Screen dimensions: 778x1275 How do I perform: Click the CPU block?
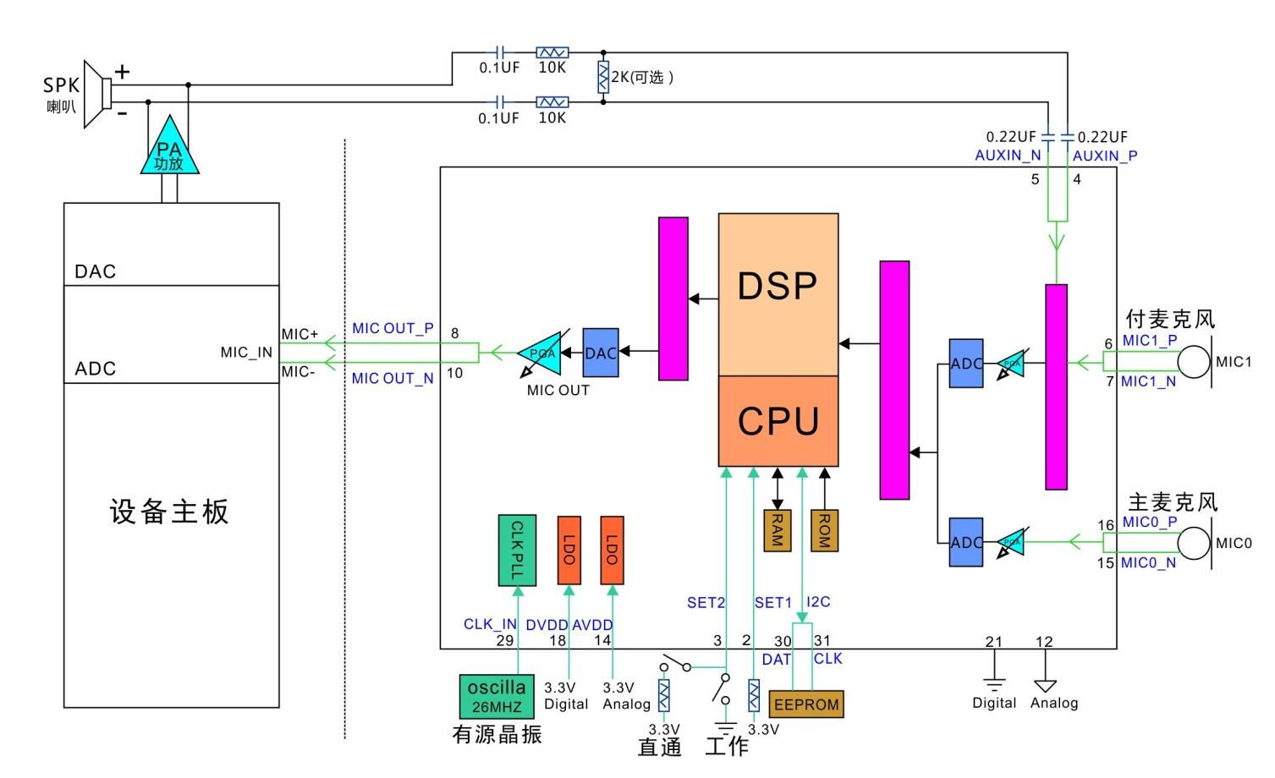click(x=778, y=421)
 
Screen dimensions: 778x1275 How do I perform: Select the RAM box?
click(x=777, y=530)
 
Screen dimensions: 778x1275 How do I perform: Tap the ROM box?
click(x=824, y=530)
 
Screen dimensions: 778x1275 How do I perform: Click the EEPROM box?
click(x=806, y=704)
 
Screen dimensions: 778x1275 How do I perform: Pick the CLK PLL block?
click(x=516, y=551)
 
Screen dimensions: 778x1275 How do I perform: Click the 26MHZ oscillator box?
click(x=497, y=696)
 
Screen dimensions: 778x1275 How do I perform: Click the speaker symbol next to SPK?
click(x=98, y=94)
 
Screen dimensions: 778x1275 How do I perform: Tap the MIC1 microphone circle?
click(x=1194, y=362)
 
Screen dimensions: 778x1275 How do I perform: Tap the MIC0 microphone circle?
click(x=1194, y=543)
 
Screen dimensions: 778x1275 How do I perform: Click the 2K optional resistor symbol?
click(x=603, y=77)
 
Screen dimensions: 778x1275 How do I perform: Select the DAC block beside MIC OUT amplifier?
click(x=600, y=353)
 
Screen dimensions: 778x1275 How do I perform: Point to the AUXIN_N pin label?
click(x=1008, y=156)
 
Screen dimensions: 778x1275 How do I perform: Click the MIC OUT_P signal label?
click(x=393, y=328)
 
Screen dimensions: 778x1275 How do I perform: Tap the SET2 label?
click(x=706, y=603)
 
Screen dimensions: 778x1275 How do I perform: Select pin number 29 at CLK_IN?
click(x=505, y=640)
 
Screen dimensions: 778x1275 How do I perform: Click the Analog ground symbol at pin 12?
click(x=1046, y=685)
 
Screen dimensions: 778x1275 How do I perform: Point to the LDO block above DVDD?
click(x=569, y=551)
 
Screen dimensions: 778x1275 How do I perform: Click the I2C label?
click(x=818, y=602)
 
